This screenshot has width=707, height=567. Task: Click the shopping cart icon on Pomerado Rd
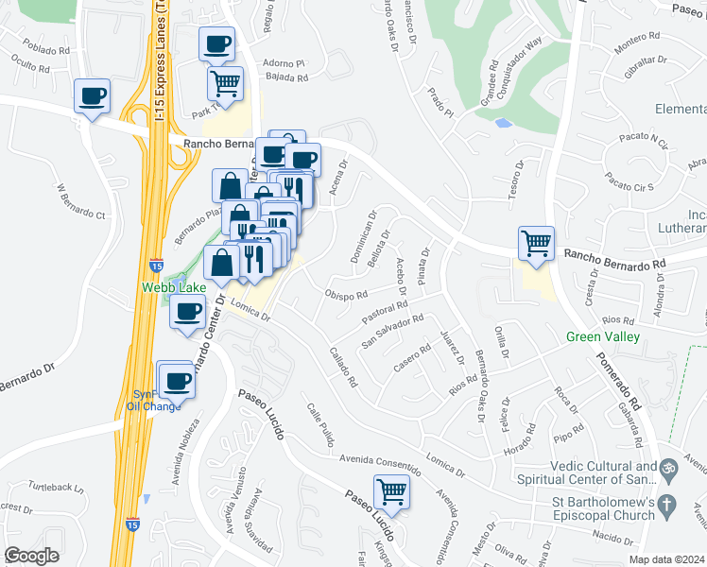[536, 243]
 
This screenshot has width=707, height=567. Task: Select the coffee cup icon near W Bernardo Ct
[92, 96]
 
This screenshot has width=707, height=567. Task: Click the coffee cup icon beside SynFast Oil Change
[177, 380]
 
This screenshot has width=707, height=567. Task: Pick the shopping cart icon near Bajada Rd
[225, 82]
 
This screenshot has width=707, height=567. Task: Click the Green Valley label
[603, 336]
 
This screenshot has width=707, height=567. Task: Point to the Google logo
[32, 556]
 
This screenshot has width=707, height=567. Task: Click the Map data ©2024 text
[666, 559]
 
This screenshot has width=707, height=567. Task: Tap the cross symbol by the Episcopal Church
[667, 504]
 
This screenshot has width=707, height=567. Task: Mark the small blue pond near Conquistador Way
[503, 123]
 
